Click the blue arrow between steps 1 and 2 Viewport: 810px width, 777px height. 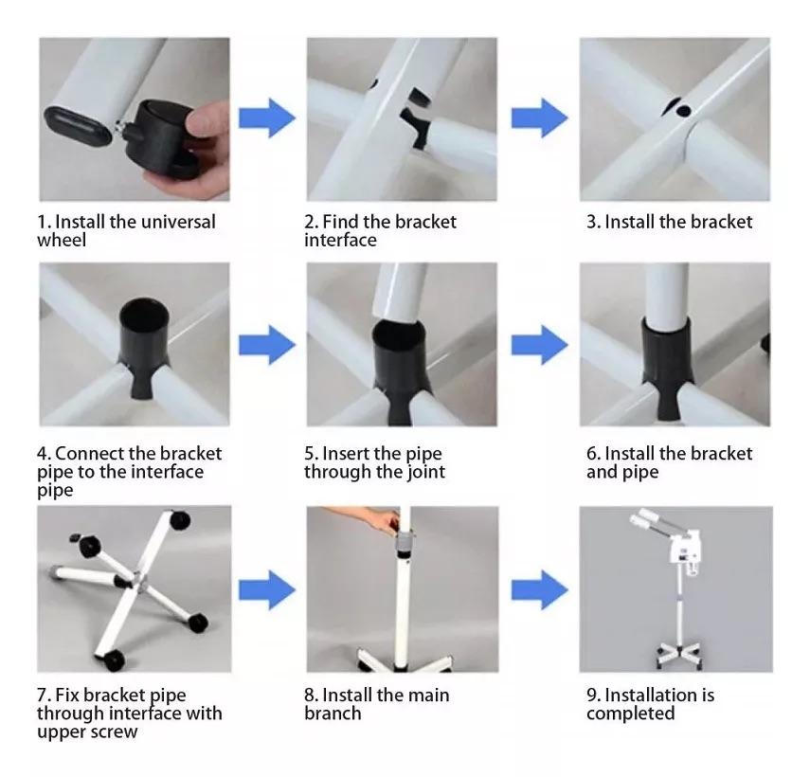coord(267,118)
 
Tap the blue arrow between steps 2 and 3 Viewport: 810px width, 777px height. coord(540,118)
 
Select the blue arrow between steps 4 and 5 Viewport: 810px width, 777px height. coord(267,345)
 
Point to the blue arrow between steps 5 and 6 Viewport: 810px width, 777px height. coord(540,345)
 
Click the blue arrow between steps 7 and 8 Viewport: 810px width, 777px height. coord(267,590)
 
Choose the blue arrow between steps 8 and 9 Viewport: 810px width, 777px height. coord(540,590)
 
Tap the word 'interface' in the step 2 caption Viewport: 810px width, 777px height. coord(340,241)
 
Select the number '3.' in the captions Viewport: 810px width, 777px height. coord(594,222)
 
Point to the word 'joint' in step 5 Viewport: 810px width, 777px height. coord(426,472)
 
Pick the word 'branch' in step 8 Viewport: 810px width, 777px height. coord(333,714)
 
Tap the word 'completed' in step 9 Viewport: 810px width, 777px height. coord(631,714)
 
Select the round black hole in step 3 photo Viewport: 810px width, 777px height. coord(683,111)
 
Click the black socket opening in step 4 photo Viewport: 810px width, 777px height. coord(144,314)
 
